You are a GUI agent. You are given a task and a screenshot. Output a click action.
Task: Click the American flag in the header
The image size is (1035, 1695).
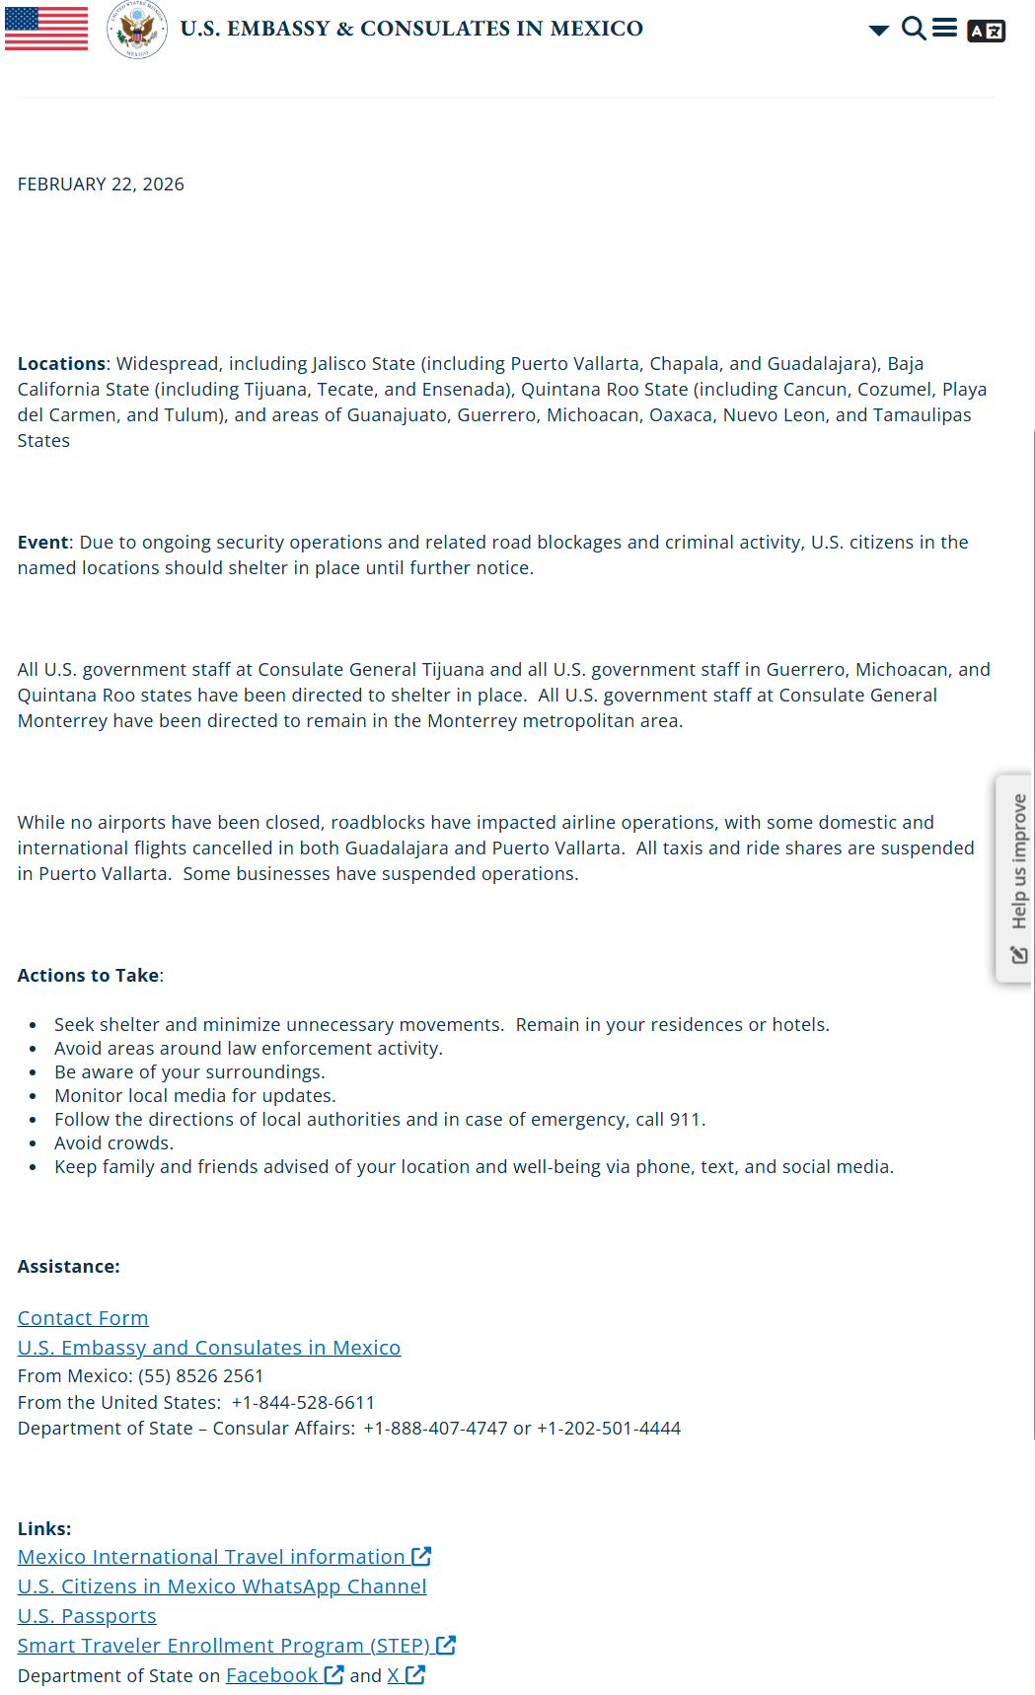point(46,28)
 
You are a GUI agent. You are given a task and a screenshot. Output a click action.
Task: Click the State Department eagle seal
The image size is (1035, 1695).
point(137,29)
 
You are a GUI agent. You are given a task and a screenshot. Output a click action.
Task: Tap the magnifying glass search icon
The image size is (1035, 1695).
point(915,29)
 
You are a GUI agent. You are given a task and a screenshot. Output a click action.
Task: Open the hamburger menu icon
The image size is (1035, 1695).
point(945,28)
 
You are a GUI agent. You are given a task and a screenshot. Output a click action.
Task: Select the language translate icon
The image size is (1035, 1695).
point(986,31)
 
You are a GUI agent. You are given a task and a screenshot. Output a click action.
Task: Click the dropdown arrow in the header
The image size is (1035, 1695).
point(878,31)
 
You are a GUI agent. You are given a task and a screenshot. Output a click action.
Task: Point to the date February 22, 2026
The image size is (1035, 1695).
point(101,184)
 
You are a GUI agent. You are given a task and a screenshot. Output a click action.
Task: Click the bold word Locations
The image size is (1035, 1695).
point(61,364)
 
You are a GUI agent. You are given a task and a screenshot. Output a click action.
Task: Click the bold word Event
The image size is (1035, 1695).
point(42,543)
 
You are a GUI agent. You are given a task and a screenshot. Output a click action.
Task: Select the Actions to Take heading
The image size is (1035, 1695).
point(89,976)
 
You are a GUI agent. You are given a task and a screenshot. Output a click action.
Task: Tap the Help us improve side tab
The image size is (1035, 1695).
point(1015,878)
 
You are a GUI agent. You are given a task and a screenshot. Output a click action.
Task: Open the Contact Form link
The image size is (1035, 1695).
point(83,1318)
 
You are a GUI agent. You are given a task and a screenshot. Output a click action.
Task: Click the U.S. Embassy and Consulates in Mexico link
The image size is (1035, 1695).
point(209,1348)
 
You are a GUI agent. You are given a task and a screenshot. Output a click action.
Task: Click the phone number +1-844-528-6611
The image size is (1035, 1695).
point(303,1403)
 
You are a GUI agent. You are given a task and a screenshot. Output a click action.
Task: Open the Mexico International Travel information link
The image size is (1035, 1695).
point(212,1557)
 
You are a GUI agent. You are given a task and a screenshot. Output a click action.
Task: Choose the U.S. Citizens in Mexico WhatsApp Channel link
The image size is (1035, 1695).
point(222,1586)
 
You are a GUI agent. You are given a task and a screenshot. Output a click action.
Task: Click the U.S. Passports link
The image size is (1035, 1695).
point(87,1616)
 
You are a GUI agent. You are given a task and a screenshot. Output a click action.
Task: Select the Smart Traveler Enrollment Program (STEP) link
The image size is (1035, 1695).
point(224,1646)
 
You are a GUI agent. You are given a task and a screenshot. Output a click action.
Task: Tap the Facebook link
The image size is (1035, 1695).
point(272,1675)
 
